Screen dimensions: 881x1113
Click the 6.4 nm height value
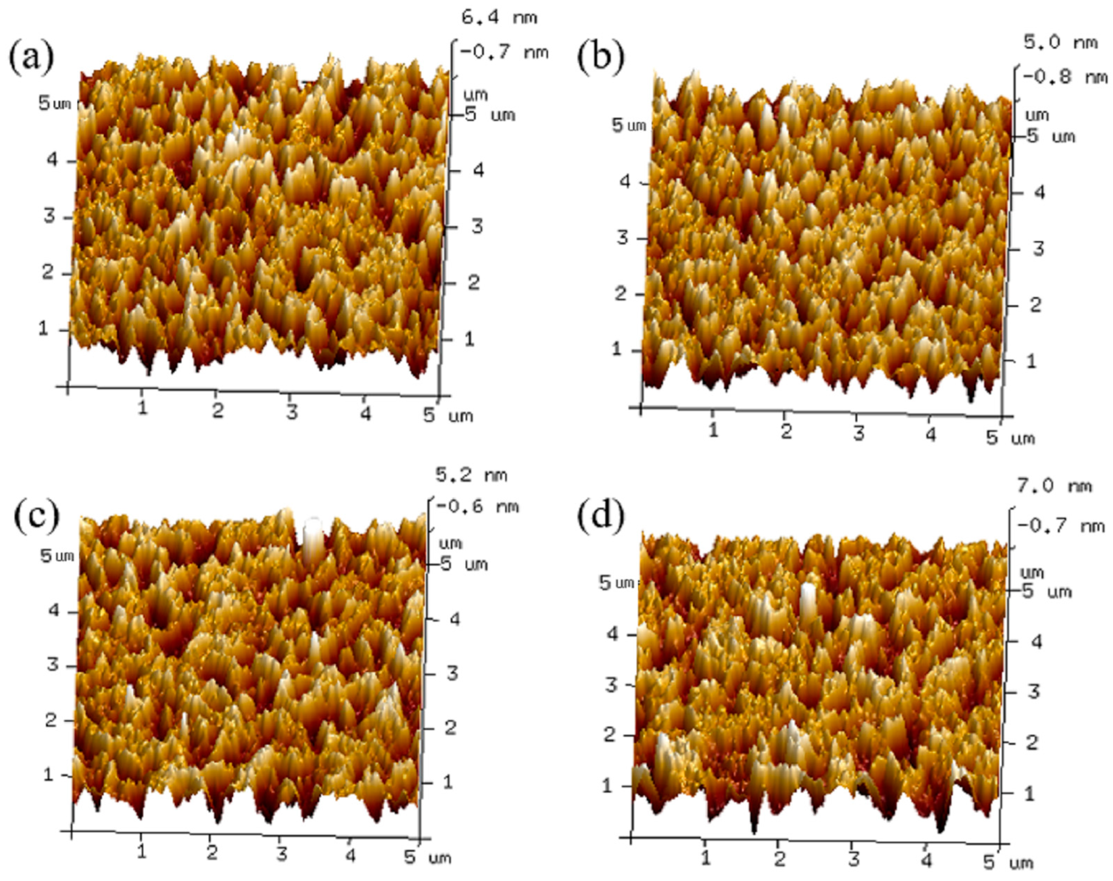[499, 18]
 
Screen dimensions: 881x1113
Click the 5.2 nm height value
[471, 475]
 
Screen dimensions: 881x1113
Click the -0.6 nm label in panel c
[477, 507]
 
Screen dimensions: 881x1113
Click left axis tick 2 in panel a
[48, 272]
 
